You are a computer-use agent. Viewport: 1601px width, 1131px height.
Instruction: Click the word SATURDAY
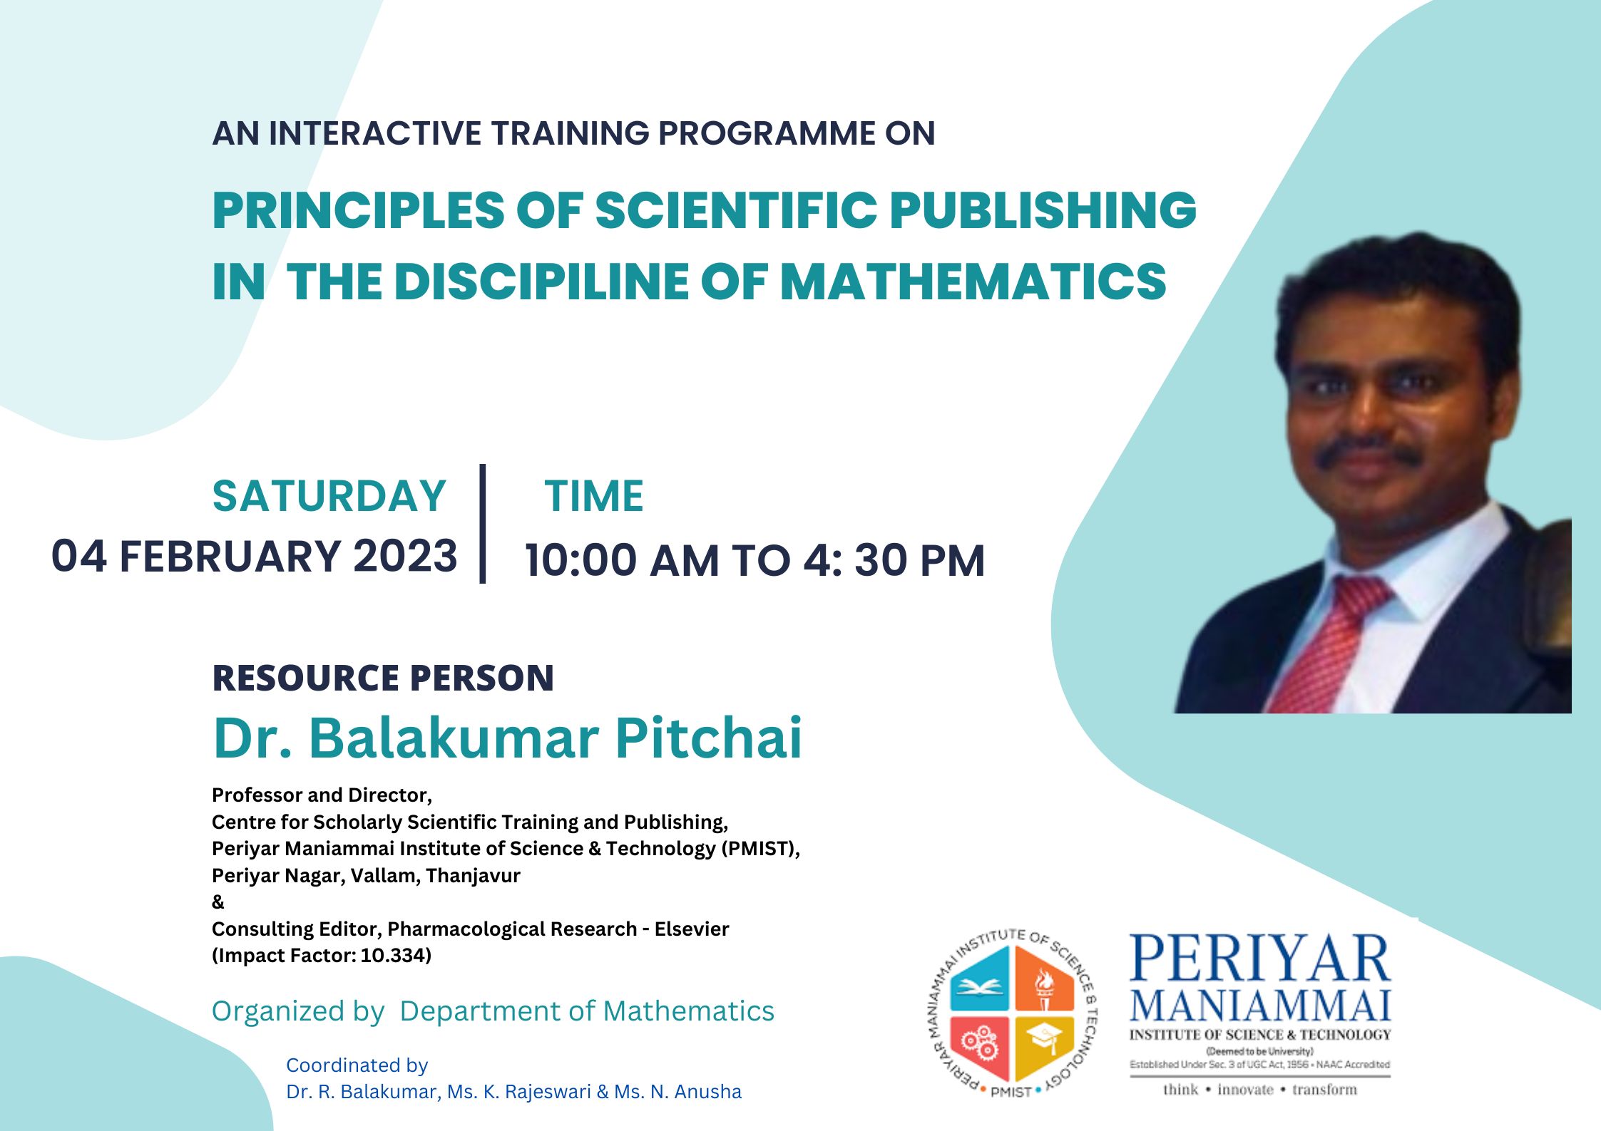(329, 496)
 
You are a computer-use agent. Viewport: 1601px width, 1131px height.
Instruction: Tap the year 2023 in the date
(405, 556)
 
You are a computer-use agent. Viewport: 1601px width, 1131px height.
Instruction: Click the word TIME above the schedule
(594, 496)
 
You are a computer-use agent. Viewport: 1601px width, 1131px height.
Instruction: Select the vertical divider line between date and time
(483, 524)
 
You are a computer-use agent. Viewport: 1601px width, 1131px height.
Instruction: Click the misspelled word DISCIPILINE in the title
(542, 281)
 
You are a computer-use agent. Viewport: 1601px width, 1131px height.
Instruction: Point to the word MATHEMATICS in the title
(973, 281)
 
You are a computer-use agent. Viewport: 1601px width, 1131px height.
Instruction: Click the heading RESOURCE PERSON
(383, 678)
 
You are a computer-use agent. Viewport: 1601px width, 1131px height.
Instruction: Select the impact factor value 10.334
(393, 956)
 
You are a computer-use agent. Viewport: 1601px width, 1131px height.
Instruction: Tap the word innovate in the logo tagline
(1245, 1090)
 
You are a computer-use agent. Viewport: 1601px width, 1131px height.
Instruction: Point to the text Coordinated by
(357, 1065)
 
